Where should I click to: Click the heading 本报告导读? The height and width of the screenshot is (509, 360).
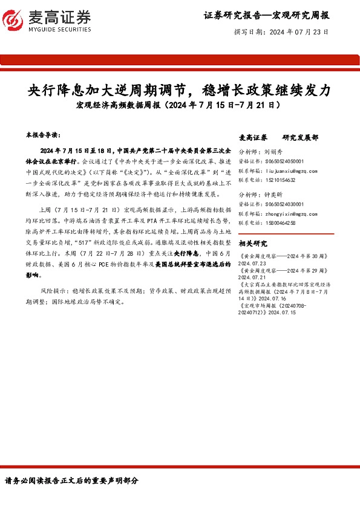tap(44, 134)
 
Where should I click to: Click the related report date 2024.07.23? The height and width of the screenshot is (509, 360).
tap(253, 264)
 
